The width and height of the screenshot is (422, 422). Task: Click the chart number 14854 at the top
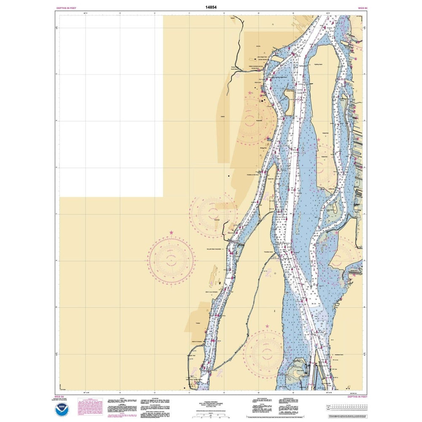(211, 7)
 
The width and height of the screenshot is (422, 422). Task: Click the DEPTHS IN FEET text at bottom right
(357, 397)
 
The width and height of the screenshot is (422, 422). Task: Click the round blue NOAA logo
(62, 409)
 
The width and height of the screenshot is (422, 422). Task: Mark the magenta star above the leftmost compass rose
(171, 233)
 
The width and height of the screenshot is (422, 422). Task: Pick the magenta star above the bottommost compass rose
(267, 326)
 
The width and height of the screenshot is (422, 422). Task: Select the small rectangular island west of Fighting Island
(290, 102)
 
